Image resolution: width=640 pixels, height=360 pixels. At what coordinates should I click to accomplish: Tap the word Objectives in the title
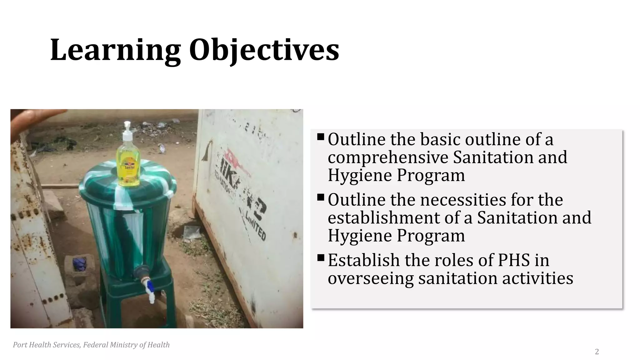(264, 50)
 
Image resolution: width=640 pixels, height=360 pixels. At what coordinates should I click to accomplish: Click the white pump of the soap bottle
(127, 131)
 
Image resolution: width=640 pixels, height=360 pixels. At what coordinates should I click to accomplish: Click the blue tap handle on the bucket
(150, 286)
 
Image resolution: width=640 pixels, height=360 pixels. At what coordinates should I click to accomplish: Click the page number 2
(597, 352)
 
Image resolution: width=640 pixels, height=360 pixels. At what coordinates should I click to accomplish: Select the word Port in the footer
(20, 345)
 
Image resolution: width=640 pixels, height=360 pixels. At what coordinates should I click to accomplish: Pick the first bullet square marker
(320, 137)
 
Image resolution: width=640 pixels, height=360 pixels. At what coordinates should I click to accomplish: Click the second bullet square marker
(320, 197)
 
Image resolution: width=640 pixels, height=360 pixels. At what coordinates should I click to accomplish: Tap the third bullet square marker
(320, 258)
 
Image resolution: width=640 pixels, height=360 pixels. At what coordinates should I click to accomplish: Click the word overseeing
(370, 278)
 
